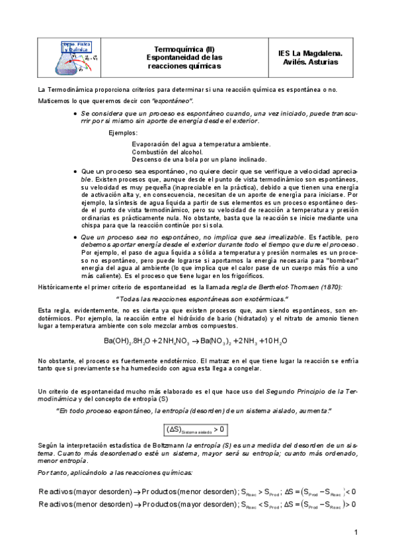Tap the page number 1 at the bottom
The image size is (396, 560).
(x=356, y=532)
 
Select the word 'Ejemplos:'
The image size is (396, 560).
(x=123, y=133)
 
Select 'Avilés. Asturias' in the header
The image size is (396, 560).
(x=319, y=62)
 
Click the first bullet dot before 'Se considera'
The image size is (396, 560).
(x=76, y=114)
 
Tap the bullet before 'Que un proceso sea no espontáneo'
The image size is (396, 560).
(x=76, y=237)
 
